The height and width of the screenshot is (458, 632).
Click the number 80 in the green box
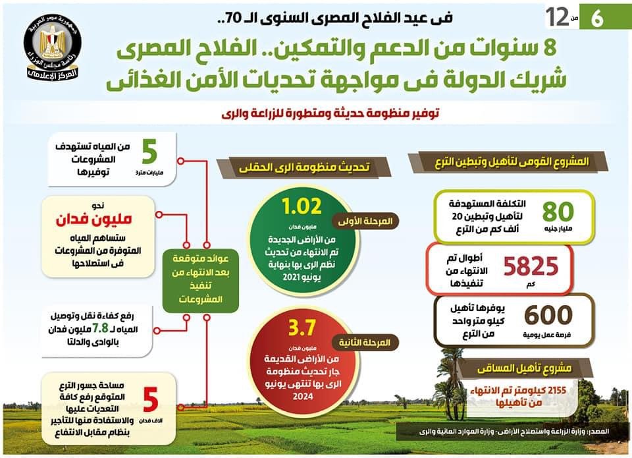pos(558,211)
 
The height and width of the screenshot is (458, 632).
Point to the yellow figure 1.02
pos(302,206)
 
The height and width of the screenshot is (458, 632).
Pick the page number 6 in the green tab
pos(598,18)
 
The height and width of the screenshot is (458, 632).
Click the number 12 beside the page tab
pos(556,18)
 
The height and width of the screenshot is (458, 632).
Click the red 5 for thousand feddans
pos(151,399)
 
